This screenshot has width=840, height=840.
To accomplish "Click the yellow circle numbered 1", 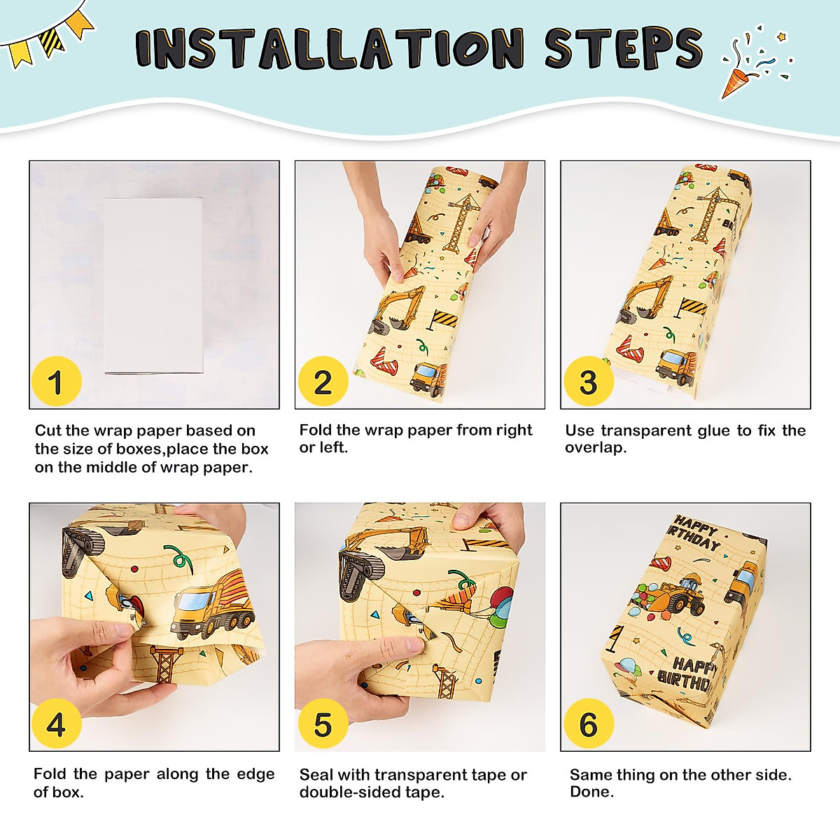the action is point(57,381).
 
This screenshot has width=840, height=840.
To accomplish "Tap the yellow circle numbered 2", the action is point(323,381).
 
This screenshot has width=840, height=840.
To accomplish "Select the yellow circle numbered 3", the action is point(589,381).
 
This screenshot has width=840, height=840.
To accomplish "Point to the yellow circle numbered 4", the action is point(57,724).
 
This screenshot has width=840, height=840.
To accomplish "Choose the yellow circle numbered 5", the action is point(323,724).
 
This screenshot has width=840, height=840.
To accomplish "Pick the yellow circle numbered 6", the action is point(589,724).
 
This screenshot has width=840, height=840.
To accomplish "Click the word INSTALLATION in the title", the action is point(330,48).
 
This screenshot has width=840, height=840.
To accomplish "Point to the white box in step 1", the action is point(154,286).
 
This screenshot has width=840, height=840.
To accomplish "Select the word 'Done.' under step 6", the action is point(591,792).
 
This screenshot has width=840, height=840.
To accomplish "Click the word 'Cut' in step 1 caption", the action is point(48,430).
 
